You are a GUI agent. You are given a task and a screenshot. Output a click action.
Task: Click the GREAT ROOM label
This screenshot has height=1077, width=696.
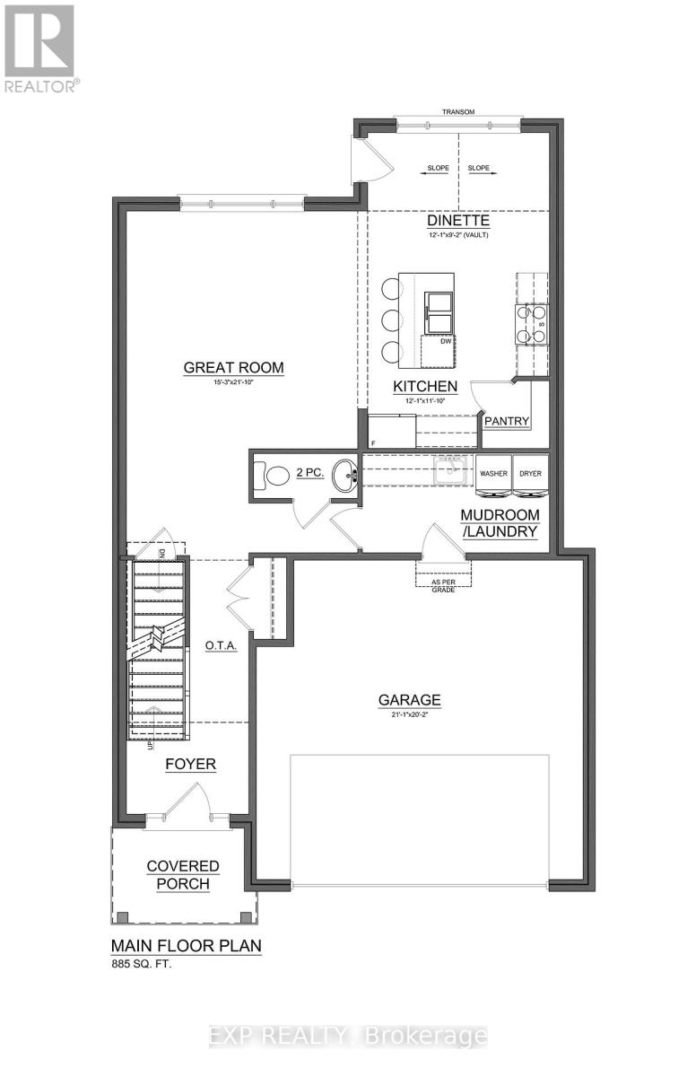pyautogui.click(x=233, y=367)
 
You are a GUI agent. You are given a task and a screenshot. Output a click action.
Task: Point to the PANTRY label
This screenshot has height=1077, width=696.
pyautogui.click(x=507, y=420)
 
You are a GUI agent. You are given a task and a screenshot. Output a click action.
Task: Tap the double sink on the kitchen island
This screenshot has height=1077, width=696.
pyautogui.click(x=438, y=310)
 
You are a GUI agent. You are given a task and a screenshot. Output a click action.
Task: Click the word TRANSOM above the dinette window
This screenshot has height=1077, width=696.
pyautogui.click(x=457, y=112)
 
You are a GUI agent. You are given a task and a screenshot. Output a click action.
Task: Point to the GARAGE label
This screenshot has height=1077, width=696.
pyautogui.click(x=409, y=700)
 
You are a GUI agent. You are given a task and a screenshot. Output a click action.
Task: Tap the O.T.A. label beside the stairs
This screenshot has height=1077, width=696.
pyautogui.click(x=221, y=645)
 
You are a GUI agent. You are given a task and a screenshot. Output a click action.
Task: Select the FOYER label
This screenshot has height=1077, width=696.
pyautogui.click(x=190, y=765)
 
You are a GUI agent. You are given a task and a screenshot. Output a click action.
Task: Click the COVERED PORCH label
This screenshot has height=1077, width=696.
pyautogui.click(x=183, y=874)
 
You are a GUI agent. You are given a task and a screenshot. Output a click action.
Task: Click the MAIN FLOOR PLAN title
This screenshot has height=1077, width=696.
pyautogui.click(x=186, y=946)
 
